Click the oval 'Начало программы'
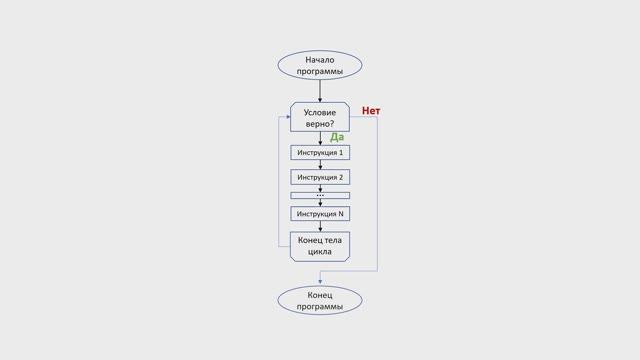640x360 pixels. tap(320, 66)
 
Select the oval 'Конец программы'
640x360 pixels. tap(320, 301)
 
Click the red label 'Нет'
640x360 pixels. tap(371, 110)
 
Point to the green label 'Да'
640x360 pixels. tap(337, 137)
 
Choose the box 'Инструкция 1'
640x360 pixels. tap(320, 152)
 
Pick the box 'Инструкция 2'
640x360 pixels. tap(320, 177)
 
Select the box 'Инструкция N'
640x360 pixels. tap(320, 213)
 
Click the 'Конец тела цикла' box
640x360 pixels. tap(320, 246)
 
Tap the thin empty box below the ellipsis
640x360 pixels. tap(320, 196)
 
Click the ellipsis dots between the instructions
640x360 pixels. tap(320, 190)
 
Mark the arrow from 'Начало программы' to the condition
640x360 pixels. tap(320, 92)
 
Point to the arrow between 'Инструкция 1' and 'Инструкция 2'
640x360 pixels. tap(320, 165)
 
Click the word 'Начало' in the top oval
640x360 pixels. tap(320, 60)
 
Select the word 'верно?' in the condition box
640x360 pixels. tap(320, 125)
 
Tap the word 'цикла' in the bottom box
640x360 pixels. tap(320, 252)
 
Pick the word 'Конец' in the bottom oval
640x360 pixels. tap(320, 295)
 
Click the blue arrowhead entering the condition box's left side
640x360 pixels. tap(287, 117)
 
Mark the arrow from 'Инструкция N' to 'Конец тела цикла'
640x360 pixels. tap(320, 226)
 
